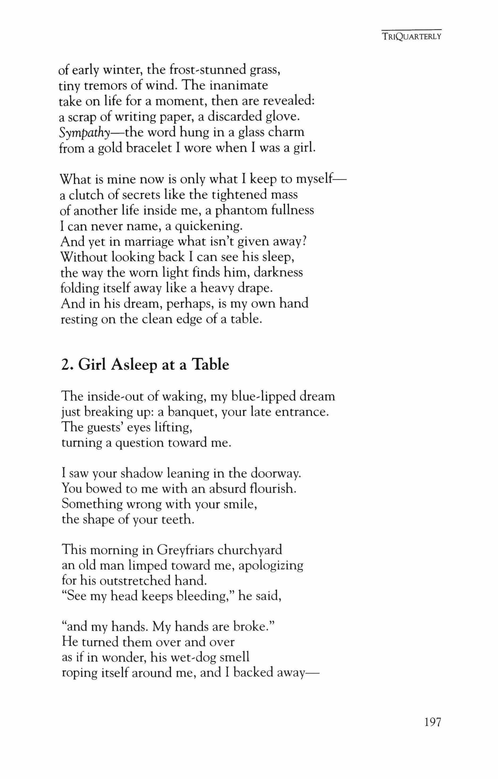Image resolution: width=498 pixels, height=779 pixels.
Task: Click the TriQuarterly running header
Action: [x=411, y=36]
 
